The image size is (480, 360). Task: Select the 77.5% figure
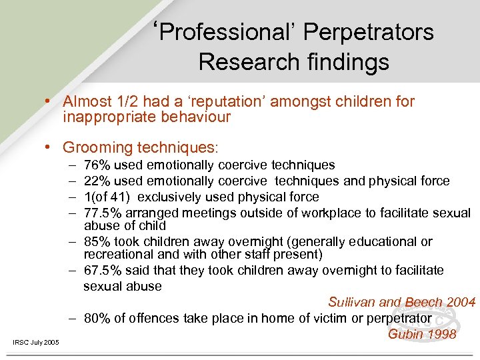pos(101,213)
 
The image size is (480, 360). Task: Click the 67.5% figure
pos(101,270)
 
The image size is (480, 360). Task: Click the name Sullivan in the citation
pos(352,303)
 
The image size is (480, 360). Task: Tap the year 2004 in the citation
pos(461,303)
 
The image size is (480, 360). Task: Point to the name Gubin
pos(405,333)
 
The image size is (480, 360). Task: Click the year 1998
pos(441,333)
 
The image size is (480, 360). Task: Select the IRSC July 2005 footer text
pos(36,343)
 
